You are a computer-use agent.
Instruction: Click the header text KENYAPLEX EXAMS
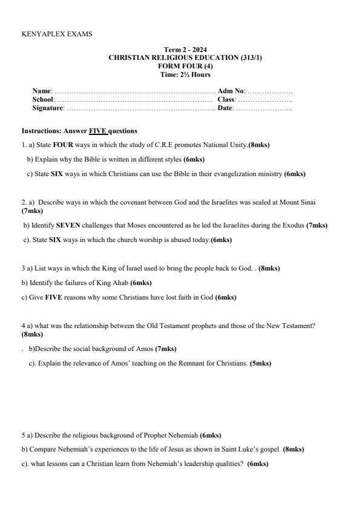[57, 34]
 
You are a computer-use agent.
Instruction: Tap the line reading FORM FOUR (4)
[185, 66]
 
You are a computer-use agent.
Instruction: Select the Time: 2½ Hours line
[185, 74]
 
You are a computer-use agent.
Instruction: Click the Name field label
[42, 91]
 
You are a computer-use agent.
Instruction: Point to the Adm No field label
[231, 91]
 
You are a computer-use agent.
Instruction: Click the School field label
[43, 99]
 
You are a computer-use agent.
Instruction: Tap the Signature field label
[48, 108]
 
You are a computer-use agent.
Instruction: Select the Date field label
[224, 108]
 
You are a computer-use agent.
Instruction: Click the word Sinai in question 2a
[307, 202]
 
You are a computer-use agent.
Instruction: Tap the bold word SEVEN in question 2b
[68, 225]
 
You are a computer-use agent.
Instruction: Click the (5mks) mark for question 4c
[260, 364]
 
